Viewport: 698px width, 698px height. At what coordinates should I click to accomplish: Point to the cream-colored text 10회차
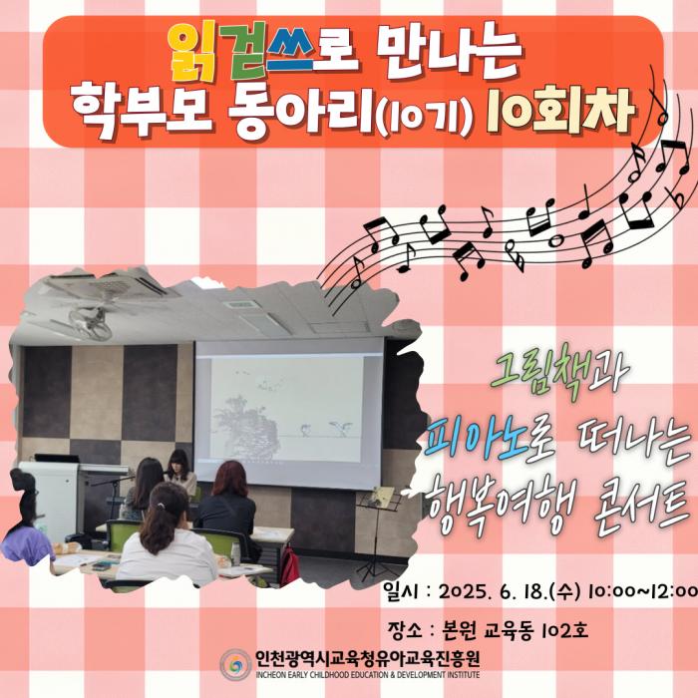coord(560,111)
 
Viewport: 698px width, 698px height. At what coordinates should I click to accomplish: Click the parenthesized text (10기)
coord(424,117)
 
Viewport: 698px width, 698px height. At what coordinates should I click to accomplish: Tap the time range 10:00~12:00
coord(642,591)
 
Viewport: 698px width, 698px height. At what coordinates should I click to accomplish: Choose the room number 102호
coord(565,630)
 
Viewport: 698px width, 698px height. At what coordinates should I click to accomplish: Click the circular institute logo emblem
coord(236,665)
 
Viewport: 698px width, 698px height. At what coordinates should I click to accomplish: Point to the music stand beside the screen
coord(377,534)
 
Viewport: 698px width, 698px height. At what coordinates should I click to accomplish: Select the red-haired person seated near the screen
coord(228,508)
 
